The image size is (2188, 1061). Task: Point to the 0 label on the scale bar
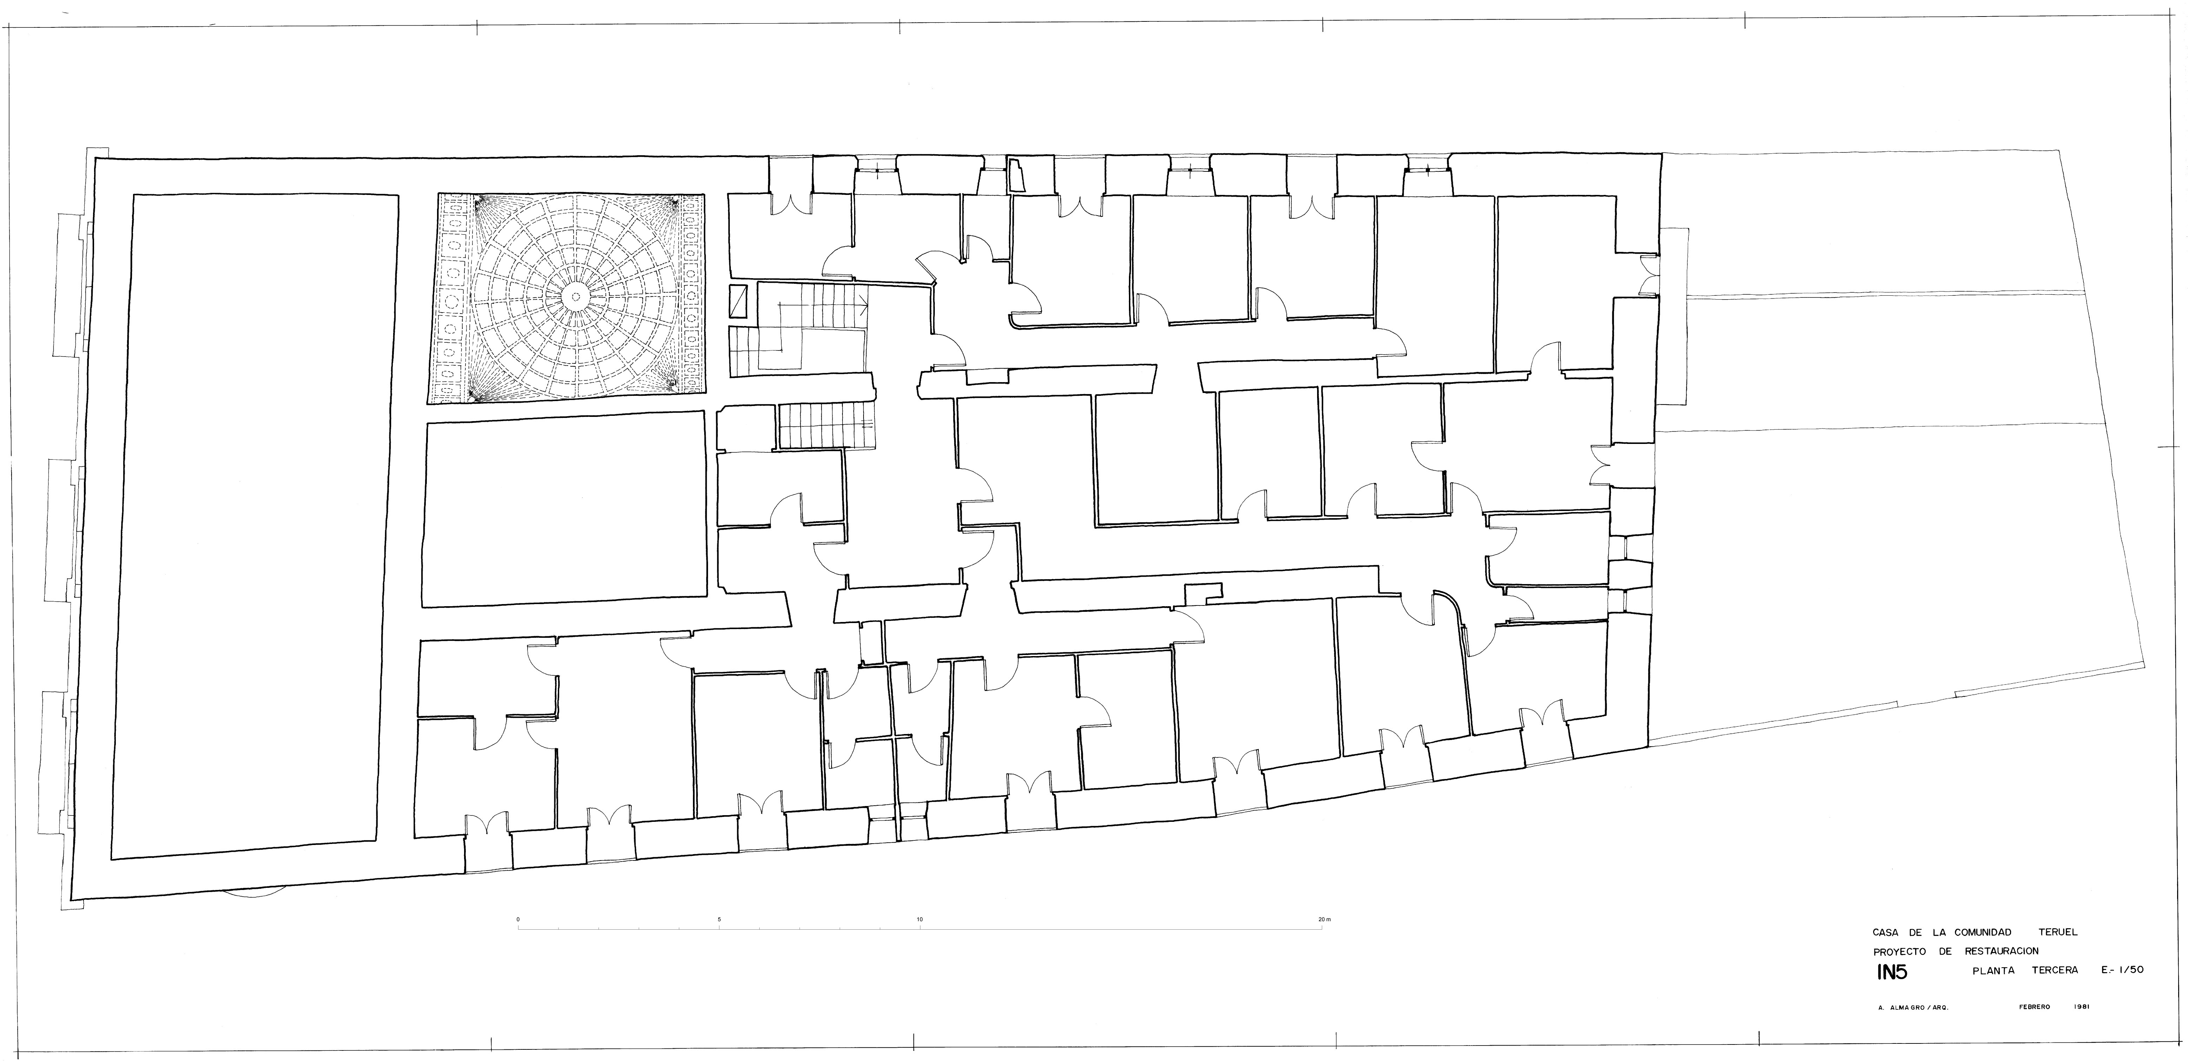point(518,919)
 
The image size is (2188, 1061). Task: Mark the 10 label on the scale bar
point(920,919)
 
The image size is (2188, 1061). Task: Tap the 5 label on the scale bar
point(719,919)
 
